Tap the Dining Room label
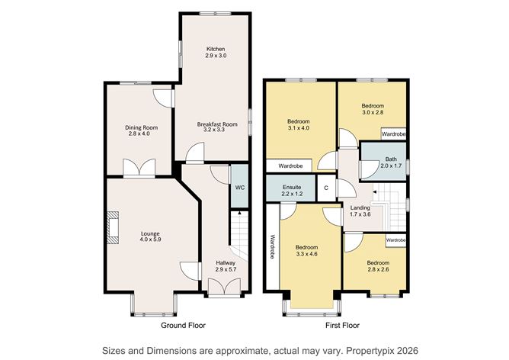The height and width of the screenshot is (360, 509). tap(141, 127)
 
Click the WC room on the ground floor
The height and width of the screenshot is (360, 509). tap(239, 187)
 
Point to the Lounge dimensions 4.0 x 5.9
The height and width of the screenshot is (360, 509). tap(150, 239)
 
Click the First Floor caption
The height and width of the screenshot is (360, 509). tap(341, 325)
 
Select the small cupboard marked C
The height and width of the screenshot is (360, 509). tap(326, 187)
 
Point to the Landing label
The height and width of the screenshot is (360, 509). tap(360, 207)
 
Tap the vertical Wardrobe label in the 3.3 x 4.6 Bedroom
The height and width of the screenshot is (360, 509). tap(271, 246)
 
